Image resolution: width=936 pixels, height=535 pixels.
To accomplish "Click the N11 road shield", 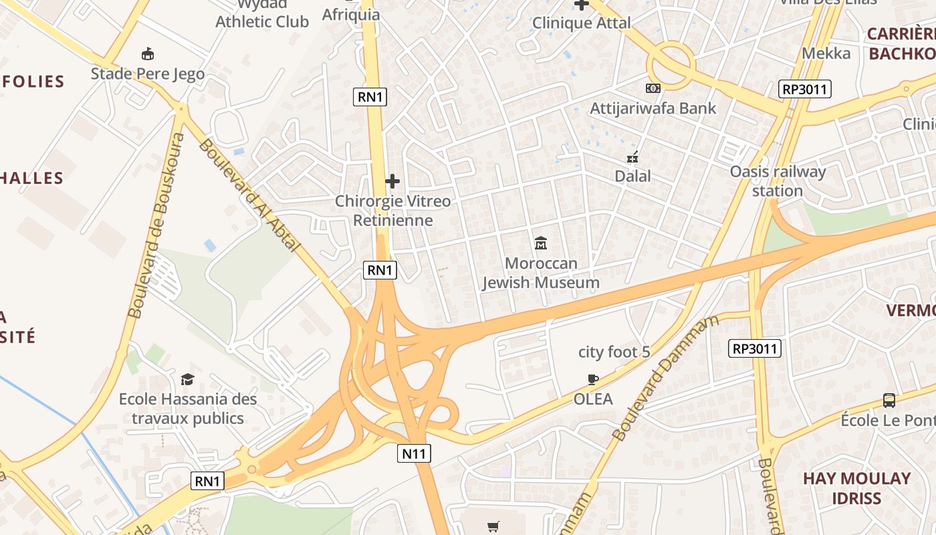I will [x=415, y=453].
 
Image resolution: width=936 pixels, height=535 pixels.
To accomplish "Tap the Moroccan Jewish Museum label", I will [x=541, y=273].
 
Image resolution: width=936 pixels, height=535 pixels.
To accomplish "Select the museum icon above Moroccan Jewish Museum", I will [x=541, y=243].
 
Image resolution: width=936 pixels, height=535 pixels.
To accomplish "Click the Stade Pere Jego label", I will [x=148, y=74].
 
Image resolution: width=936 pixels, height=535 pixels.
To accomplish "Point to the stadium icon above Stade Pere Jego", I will [x=148, y=53].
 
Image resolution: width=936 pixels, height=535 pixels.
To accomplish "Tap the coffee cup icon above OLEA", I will [x=593, y=380].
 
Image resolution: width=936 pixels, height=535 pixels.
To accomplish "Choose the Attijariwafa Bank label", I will [x=653, y=108].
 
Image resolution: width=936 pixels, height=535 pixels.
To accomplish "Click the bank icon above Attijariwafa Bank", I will [x=653, y=88].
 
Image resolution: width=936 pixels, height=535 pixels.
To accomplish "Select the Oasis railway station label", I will [x=778, y=181].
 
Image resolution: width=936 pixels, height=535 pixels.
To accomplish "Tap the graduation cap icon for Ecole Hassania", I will [x=187, y=379].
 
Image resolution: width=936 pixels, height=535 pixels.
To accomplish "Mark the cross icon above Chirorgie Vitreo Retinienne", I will [x=392, y=181].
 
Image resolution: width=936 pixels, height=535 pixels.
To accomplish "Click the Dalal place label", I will [x=632, y=177].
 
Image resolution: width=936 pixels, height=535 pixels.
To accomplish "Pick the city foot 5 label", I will [x=614, y=352].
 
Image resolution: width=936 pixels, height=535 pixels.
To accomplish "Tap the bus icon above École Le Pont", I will [x=889, y=401].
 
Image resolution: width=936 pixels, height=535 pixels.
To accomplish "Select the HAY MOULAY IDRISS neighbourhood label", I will [x=856, y=488].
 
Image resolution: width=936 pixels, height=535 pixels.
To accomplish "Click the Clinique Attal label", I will [x=581, y=23].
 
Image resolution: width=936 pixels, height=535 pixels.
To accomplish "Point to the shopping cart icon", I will [x=493, y=527].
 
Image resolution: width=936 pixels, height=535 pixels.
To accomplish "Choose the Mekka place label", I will [x=826, y=53].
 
